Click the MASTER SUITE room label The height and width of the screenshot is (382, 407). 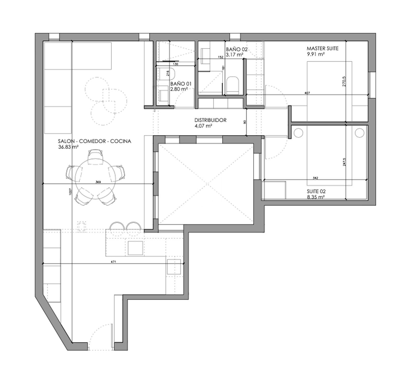pos(322,48)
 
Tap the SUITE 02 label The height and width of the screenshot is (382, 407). pos(316,191)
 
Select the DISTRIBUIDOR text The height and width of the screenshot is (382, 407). pos(210,120)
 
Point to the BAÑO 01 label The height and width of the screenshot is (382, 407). pos(181,84)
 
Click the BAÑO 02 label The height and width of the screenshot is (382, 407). pos(237,49)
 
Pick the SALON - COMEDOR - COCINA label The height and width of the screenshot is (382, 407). pos(95,141)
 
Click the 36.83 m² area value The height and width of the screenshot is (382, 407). pos(68,147)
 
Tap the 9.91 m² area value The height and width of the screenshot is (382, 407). pos(316,54)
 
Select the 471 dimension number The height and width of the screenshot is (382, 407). pos(113,261)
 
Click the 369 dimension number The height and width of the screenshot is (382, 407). pos(98,182)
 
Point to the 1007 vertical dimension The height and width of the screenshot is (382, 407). pos(70,192)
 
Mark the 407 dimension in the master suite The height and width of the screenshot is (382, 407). pos(307,93)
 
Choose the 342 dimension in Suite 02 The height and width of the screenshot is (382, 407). pos(315,178)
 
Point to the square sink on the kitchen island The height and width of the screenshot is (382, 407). pos(135,248)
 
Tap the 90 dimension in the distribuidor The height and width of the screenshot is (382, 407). pos(245,122)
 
